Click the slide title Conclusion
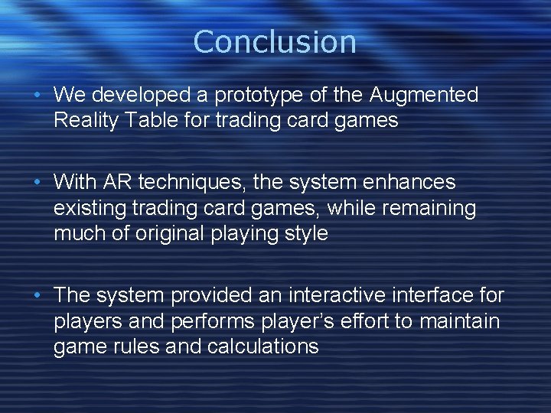[275, 41]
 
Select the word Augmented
[424, 96]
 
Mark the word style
[306, 233]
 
